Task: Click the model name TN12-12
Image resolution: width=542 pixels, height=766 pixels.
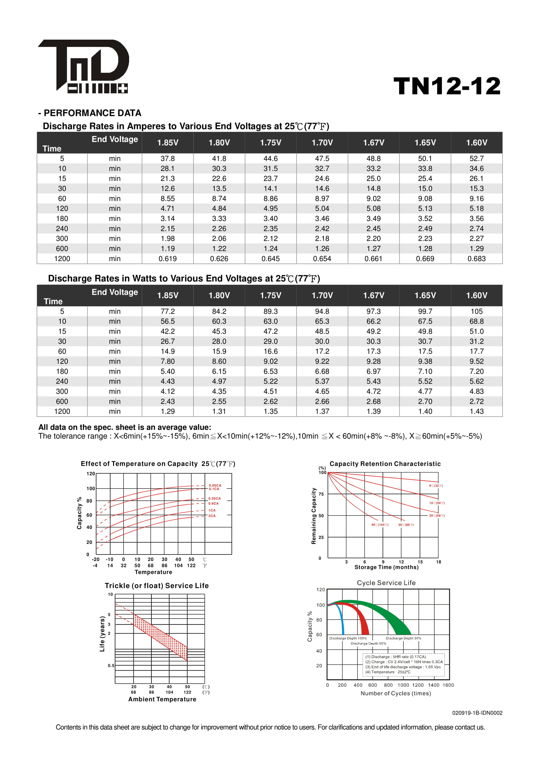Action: (447, 86)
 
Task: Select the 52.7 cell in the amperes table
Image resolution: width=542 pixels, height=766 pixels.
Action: (476, 159)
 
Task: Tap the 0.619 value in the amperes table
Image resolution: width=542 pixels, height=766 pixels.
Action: (167, 259)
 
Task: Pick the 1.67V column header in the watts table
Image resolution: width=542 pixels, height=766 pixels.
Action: (374, 295)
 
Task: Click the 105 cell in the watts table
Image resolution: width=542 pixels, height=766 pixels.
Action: (476, 311)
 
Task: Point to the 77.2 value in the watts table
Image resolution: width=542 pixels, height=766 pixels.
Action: (167, 311)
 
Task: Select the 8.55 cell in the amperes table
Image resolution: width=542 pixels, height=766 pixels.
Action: (167, 198)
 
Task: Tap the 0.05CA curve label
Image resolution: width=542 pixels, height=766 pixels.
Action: (215, 485)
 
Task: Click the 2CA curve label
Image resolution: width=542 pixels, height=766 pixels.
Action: (212, 516)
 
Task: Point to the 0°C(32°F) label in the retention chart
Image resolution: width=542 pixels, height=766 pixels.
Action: (436, 486)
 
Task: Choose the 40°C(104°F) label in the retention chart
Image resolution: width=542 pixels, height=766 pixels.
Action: (380, 525)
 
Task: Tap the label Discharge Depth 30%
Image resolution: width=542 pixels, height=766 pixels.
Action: (403, 638)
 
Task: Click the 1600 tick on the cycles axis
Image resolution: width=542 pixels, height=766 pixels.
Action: (448, 685)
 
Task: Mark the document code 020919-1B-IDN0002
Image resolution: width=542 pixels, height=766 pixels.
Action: (477, 713)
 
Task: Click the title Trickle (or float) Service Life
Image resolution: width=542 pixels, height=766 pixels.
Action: (157, 586)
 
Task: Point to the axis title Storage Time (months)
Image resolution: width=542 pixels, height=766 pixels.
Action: (386, 567)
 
